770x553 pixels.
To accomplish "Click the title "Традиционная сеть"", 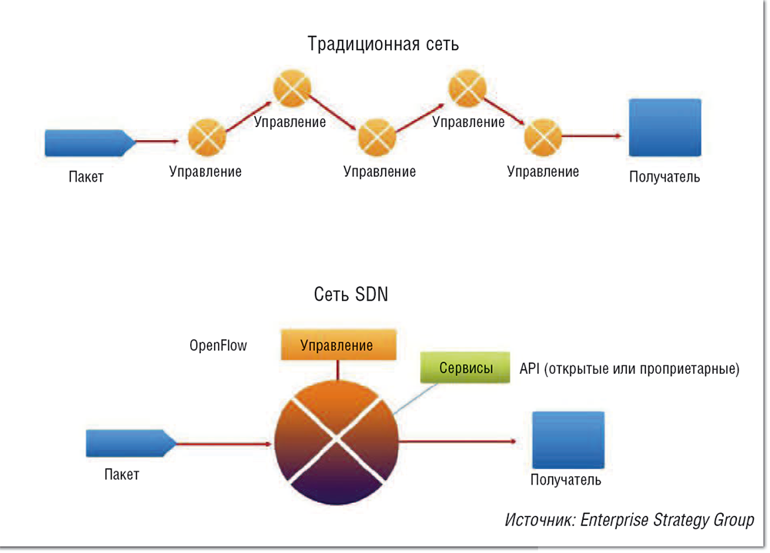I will [383, 44].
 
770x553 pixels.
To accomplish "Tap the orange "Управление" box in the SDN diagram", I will [337, 345].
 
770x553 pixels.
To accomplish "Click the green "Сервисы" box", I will [466, 368].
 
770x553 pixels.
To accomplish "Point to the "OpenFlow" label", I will [218, 345].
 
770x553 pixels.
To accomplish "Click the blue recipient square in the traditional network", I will [665, 128].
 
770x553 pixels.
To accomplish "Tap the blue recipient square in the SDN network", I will [568, 441].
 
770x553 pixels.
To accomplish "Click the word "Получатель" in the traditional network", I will [665, 178].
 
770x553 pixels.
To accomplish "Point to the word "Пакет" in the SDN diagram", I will [122, 475].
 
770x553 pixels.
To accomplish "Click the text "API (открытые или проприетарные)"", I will [629, 369].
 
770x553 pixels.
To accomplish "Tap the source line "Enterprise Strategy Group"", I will [629, 520].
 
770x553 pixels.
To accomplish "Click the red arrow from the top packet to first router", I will [162, 142].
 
